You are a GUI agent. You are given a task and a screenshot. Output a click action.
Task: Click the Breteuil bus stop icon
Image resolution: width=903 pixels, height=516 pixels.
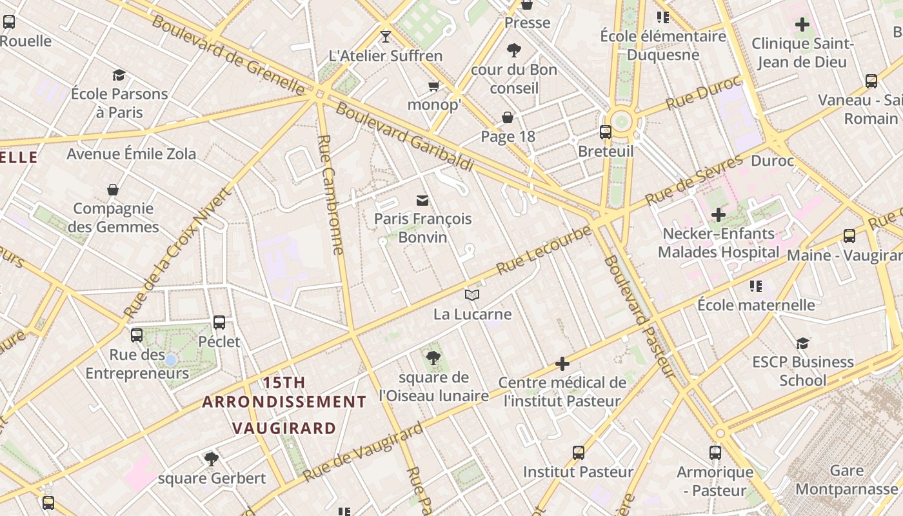click(x=606, y=132)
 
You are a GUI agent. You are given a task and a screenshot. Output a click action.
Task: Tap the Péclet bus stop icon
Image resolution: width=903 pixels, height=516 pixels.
click(x=219, y=322)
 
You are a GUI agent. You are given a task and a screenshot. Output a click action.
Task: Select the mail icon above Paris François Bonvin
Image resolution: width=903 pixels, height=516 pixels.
click(x=422, y=200)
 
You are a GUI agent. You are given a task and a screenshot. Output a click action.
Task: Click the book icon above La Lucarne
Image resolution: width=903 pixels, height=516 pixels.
click(x=472, y=295)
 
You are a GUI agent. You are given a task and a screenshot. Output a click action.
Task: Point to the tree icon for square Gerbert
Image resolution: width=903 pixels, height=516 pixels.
click(x=211, y=459)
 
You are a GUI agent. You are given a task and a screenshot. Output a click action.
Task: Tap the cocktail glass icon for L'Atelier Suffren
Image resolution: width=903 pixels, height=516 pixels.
click(x=386, y=37)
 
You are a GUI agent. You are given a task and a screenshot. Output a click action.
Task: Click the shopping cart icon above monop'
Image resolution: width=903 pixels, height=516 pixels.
click(x=433, y=86)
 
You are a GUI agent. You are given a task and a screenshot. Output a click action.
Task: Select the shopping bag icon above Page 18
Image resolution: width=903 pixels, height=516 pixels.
click(x=508, y=117)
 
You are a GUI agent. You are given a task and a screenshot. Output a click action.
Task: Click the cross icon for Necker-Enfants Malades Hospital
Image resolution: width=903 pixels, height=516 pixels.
click(x=718, y=215)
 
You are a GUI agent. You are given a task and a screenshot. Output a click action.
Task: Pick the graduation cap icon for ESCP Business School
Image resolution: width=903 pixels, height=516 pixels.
click(x=802, y=343)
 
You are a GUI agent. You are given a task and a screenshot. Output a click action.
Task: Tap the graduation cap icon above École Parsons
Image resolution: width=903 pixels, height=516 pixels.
click(x=119, y=75)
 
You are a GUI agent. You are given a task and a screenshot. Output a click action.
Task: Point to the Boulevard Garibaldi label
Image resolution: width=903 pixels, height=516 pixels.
click(x=404, y=137)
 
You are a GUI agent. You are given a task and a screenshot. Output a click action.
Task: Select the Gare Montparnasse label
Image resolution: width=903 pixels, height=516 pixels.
click(x=846, y=480)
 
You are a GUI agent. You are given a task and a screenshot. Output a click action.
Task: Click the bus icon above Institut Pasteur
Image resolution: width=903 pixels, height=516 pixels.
click(x=579, y=453)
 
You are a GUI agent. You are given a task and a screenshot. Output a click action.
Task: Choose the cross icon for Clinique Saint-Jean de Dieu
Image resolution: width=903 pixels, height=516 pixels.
click(x=802, y=25)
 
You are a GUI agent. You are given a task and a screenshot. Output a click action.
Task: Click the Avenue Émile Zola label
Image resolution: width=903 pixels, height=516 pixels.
click(x=132, y=154)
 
